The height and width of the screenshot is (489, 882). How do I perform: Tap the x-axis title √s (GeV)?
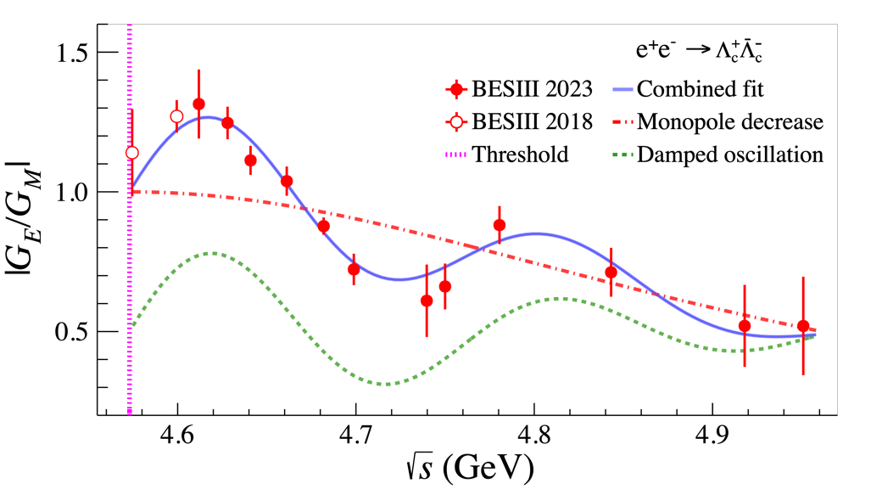(468, 469)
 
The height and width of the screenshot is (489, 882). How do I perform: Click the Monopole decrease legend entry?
(729, 122)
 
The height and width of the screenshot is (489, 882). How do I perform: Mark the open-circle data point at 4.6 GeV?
(176, 116)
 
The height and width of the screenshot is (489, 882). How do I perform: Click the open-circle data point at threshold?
(131, 153)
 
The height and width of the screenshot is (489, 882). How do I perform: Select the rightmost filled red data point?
(803, 326)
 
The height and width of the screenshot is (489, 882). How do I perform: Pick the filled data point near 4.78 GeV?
(500, 225)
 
